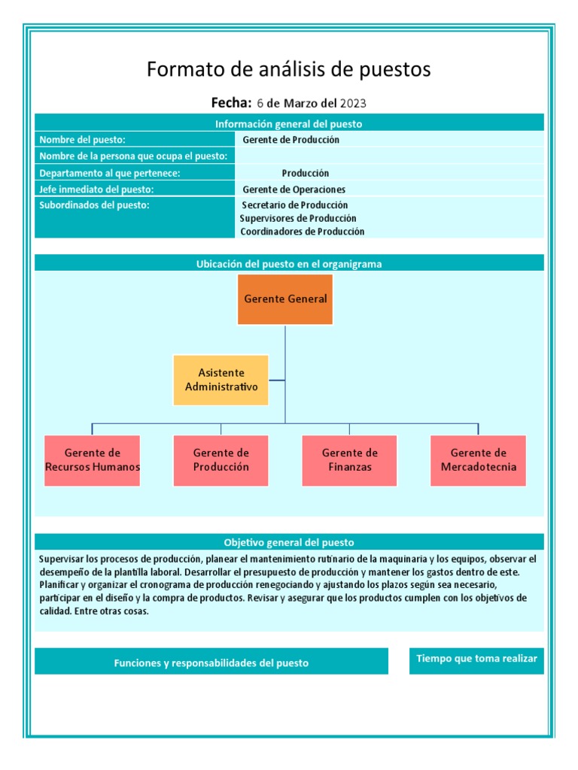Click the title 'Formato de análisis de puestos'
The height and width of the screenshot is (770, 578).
[x=288, y=70]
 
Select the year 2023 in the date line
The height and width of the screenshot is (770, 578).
[x=353, y=103]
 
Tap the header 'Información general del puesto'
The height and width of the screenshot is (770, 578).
[x=288, y=124]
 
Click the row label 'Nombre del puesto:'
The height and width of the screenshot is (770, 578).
[x=83, y=140]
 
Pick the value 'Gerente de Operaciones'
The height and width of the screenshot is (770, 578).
[x=294, y=189]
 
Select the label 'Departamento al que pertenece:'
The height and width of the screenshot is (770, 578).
[x=110, y=173]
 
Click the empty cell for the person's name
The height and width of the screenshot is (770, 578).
[x=388, y=156]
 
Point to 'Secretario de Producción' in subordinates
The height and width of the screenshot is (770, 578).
[x=294, y=205]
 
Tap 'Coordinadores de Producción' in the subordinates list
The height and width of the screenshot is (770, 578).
[x=302, y=232]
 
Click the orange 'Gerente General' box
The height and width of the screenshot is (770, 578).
[x=285, y=299]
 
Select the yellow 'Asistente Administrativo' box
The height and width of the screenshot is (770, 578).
[x=221, y=380]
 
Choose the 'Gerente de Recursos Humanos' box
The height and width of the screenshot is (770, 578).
[x=92, y=459]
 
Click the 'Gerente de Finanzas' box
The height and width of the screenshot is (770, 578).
[x=349, y=459]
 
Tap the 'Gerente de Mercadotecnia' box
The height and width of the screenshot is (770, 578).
[x=479, y=459]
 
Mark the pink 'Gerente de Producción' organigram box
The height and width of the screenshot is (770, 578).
[x=221, y=459]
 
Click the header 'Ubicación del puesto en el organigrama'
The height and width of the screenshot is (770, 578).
[x=288, y=264]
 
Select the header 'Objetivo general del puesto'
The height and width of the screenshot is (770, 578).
[x=288, y=542]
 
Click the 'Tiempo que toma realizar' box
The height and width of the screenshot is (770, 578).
[x=476, y=659]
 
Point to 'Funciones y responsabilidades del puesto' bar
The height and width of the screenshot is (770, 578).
[x=211, y=662]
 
